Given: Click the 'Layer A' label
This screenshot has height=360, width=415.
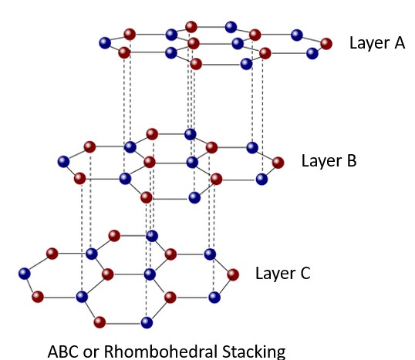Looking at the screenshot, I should coord(377,42).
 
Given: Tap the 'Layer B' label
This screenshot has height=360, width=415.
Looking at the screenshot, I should coord(329,160).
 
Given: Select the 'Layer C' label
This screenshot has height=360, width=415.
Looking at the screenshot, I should coord(282,273).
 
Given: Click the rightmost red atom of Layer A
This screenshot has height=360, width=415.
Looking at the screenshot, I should coord(327,43).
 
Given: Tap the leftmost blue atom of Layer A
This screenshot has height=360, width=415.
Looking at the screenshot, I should coord(105,43).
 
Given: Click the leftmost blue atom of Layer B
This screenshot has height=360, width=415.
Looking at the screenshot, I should coord(63,161).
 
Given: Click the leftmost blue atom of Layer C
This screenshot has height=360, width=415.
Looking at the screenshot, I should coord(25,273).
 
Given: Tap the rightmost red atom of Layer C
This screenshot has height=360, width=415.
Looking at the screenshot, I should coord(232,274).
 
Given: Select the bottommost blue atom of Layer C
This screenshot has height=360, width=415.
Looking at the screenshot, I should coord(146,321).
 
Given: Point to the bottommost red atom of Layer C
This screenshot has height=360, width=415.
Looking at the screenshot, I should coord(100,321).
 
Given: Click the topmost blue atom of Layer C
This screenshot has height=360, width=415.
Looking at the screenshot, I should coord(152,235).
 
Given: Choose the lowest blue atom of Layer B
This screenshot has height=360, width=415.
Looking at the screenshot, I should coord(194,197).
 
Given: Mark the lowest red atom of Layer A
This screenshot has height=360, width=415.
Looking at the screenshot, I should coord(196,63).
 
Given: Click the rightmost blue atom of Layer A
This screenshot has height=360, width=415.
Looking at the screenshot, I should coord(312,53).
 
